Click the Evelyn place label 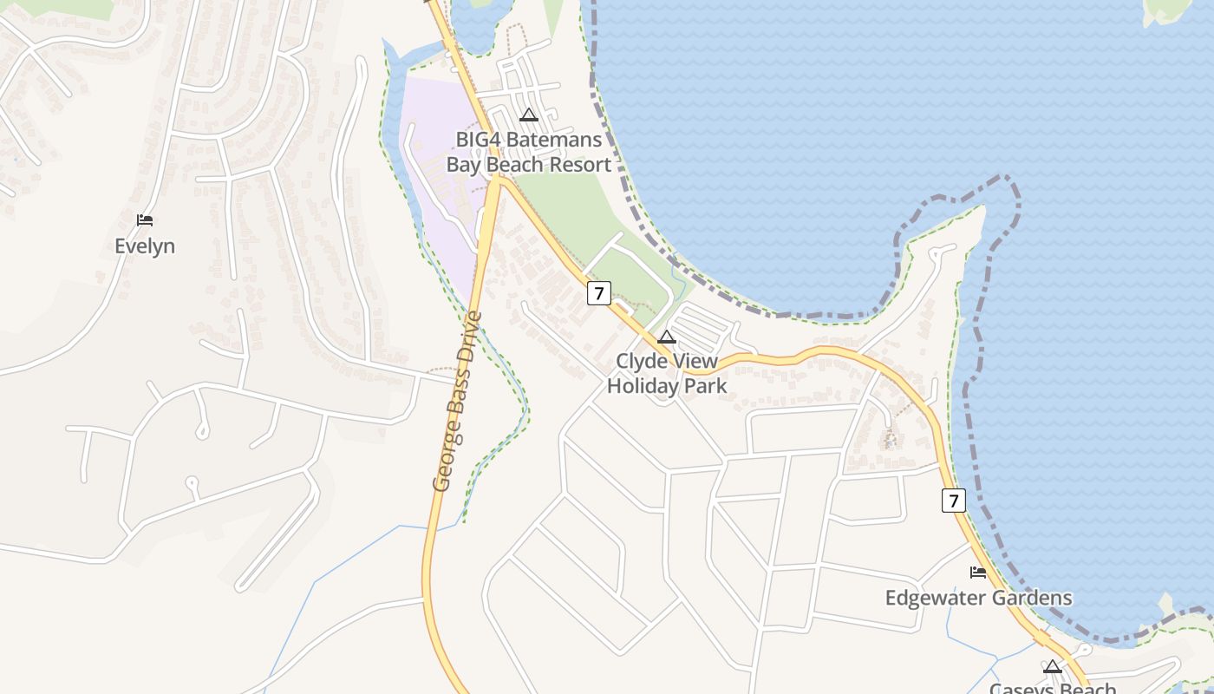point(145,246)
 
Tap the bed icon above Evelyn point(145,220)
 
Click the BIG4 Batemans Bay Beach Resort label point(528,152)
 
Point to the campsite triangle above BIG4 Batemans point(529,115)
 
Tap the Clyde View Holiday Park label point(667,373)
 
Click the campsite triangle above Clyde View point(667,337)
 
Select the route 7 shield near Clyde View point(598,293)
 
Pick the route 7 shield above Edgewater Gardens point(953,501)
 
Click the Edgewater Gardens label point(978,598)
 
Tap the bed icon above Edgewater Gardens point(978,573)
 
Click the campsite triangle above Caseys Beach point(1053,667)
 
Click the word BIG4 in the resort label point(478,140)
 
